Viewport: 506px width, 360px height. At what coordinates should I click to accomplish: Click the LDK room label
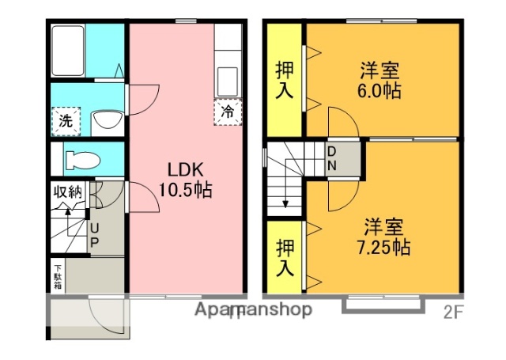coord(185,170)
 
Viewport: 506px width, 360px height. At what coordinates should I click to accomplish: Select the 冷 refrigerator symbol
coord(227,112)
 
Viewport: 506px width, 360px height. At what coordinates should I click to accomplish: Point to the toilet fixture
coord(81,158)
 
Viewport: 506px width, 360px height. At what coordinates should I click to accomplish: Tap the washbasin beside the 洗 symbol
coord(105,122)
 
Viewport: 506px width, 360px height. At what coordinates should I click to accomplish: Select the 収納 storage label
coord(68,191)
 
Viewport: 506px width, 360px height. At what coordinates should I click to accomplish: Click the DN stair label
coord(332,158)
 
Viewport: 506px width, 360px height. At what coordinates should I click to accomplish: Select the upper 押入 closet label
coord(284,79)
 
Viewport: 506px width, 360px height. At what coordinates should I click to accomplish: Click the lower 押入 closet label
coord(284,258)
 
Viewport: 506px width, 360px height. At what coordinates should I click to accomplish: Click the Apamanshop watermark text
coord(254,309)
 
